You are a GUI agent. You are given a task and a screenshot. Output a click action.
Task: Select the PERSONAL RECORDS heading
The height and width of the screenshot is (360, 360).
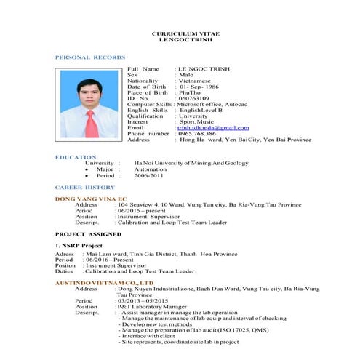tap(90, 57)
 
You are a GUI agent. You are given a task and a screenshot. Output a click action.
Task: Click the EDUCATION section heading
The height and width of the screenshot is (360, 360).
tap(76, 157)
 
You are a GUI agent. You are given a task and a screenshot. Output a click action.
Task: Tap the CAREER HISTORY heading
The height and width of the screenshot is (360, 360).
tap(85, 188)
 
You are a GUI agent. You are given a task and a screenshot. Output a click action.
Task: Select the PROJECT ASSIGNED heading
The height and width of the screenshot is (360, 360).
tap(89, 235)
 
